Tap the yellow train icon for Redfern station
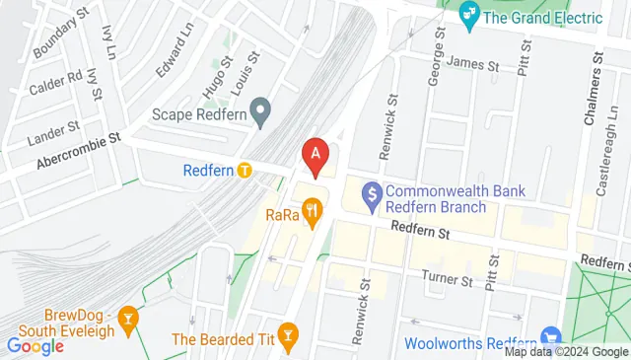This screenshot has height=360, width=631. tap(245, 170)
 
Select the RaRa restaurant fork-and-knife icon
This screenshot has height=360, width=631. tap(313, 208)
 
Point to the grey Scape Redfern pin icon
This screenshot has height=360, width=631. tap(260, 113)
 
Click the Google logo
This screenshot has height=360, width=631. tap(35, 345)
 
